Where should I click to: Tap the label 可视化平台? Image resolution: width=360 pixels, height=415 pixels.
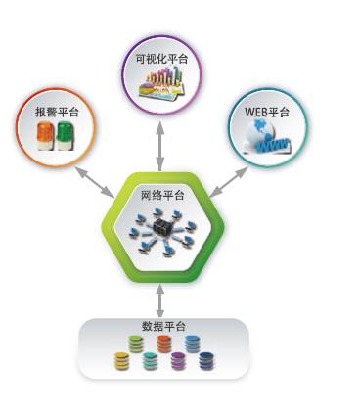point(161,60)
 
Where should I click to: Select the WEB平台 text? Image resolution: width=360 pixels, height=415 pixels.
point(267,113)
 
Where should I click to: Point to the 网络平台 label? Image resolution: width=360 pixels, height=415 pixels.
point(161,195)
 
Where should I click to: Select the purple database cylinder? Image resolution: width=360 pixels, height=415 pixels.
point(177,361)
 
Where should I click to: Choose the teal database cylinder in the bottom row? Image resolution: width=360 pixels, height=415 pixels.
point(149,361)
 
